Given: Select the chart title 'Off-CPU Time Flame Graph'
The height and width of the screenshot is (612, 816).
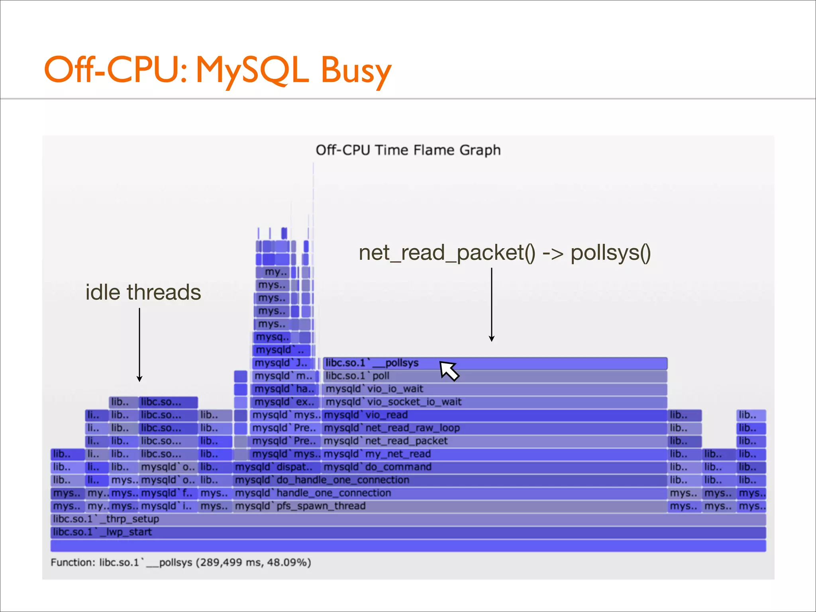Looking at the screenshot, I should click(408, 150).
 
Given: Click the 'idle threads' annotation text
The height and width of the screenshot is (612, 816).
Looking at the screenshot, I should click(143, 292).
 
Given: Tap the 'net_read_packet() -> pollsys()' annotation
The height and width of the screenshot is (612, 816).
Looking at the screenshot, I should click(505, 253).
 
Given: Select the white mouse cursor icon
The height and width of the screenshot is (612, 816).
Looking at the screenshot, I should click(449, 371).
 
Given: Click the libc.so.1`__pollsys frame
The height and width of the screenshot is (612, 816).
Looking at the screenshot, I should click(494, 363).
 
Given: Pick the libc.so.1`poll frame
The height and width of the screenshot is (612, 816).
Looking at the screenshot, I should click(494, 376).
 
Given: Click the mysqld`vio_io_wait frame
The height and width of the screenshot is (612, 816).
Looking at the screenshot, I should click(494, 389).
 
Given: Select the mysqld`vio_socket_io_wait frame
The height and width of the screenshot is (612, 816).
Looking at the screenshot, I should click(494, 402).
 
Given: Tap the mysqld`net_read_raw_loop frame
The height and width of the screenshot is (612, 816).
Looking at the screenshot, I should click(494, 428).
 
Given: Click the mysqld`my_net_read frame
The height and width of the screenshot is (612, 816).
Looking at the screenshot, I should click(494, 454).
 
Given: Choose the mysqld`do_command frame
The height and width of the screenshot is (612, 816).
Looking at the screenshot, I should click(494, 467).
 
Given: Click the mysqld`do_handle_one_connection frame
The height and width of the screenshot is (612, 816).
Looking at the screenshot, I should click(450, 480).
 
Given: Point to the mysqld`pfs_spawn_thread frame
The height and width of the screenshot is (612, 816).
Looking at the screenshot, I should click(450, 506).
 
